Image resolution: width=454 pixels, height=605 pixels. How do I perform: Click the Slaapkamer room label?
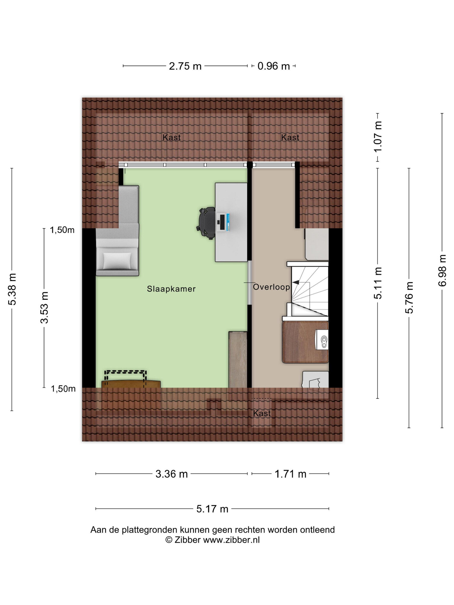click(171, 289)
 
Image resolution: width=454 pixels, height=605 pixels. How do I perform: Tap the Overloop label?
click(271, 287)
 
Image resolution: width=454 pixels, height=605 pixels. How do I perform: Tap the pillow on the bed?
click(117, 260)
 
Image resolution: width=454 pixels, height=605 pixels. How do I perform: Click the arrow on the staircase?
click(296, 282)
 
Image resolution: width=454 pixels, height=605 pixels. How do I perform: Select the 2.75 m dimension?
click(185, 66)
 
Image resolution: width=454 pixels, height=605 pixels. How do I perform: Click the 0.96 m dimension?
click(274, 66)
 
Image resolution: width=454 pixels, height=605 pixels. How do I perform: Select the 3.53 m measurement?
click(44, 307)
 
